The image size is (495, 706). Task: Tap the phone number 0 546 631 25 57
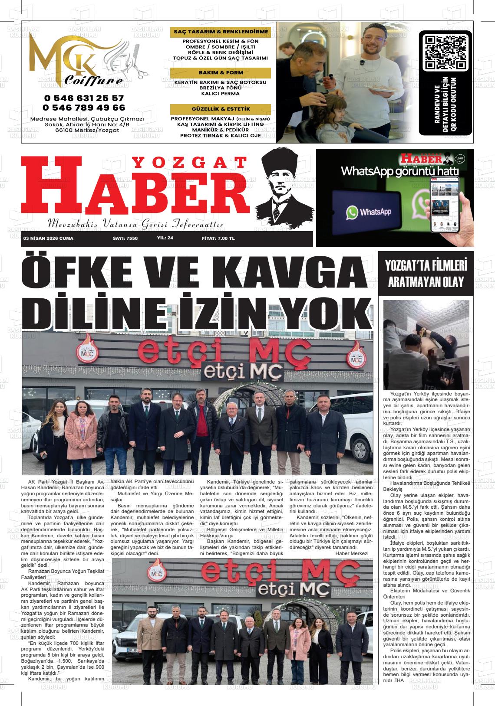[83, 98]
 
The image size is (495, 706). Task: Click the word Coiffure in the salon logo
[93, 81]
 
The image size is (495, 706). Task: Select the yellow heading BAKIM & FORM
[221, 72]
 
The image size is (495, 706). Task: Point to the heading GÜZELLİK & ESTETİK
[221, 109]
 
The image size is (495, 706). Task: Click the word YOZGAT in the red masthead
[188, 163]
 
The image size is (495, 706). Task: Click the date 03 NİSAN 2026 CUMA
[49, 239]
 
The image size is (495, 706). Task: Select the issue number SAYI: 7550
[125, 239]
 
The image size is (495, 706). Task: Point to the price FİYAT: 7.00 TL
[218, 239]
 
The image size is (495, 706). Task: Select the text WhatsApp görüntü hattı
[399, 171]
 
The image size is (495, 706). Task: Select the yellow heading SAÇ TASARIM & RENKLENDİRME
[221, 32]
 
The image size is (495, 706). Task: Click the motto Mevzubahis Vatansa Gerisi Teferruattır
[135, 224]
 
